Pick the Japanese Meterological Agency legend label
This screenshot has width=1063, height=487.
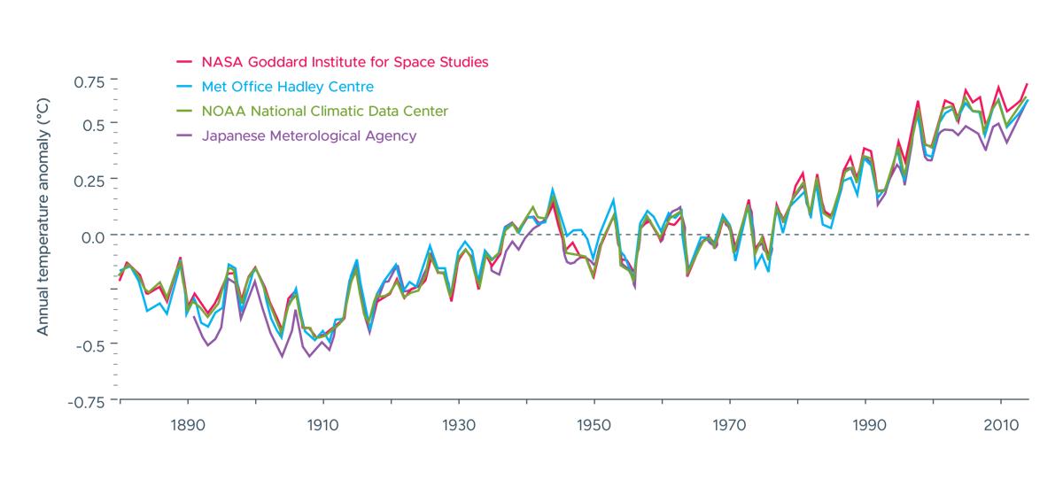309,136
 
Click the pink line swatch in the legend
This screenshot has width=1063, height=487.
184,62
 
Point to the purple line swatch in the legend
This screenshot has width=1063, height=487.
184,136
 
